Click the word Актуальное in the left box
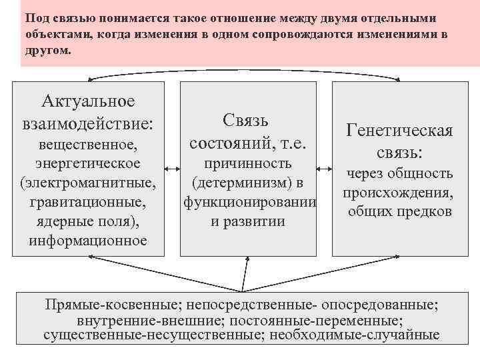[x=88, y=101]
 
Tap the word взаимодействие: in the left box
[x=88, y=123]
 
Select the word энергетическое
[x=88, y=163]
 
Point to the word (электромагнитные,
[x=88, y=182]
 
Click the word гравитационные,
[x=88, y=201]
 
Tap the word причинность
[x=248, y=163]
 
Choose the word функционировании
[x=248, y=201]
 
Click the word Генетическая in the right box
[x=399, y=131]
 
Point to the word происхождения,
[x=399, y=193]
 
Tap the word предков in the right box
[x=427, y=213]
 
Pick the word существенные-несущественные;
[x=151, y=335]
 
